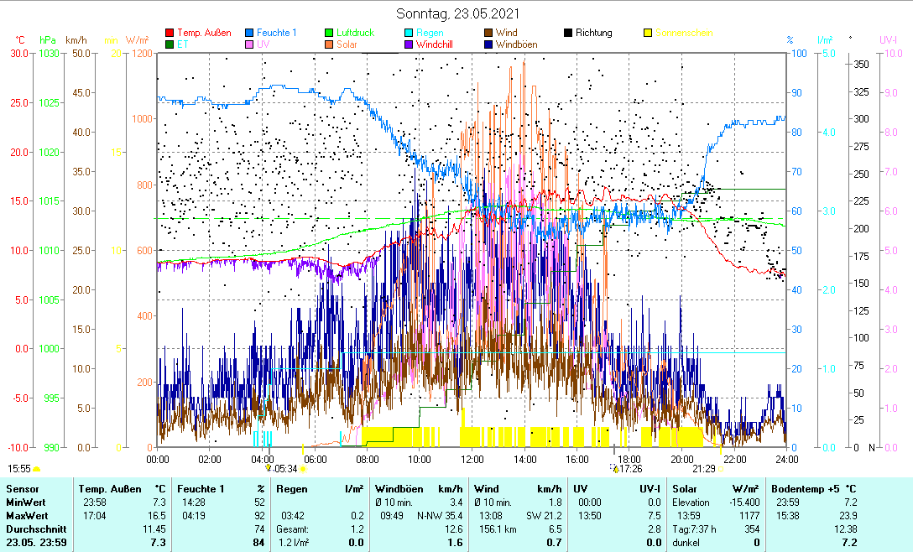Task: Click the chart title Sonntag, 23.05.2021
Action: (x=456, y=13)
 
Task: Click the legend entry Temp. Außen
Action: (x=204, y=33)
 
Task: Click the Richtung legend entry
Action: (x=593, y=33)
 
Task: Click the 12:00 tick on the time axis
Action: (x=472, y=459)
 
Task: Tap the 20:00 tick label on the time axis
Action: (x=681, y=459)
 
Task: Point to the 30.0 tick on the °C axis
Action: (x=18, y=53)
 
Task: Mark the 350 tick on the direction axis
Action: (x=860, y=64)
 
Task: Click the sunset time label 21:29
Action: (x=703, y=468)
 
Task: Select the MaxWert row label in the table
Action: (x=26, y=514)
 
